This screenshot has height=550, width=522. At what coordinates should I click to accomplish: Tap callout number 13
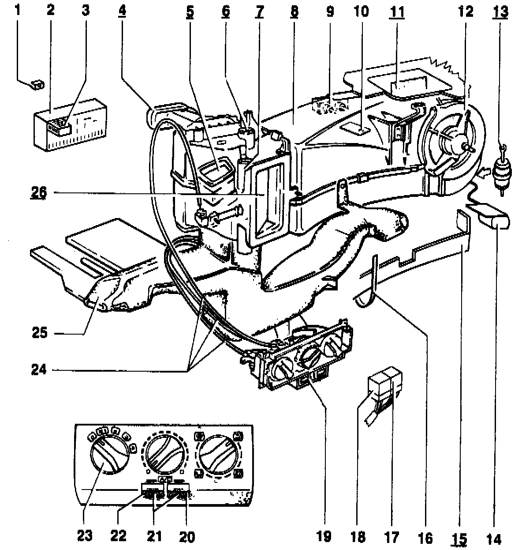500,11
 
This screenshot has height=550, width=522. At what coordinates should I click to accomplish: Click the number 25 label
40,333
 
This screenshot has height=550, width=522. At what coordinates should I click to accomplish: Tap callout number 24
40,369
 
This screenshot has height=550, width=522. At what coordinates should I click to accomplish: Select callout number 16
426,537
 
